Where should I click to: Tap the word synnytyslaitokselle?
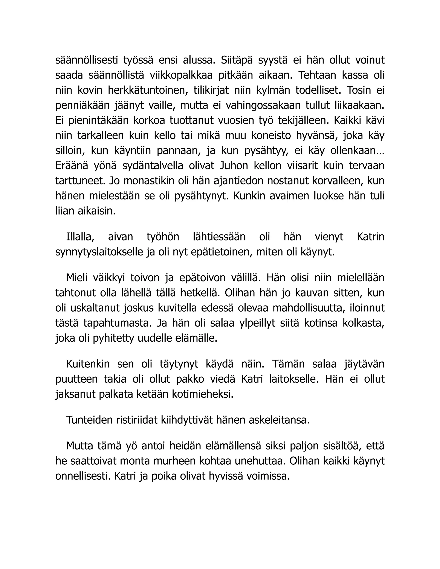point(99,252)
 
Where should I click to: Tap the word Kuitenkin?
point(88,364)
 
